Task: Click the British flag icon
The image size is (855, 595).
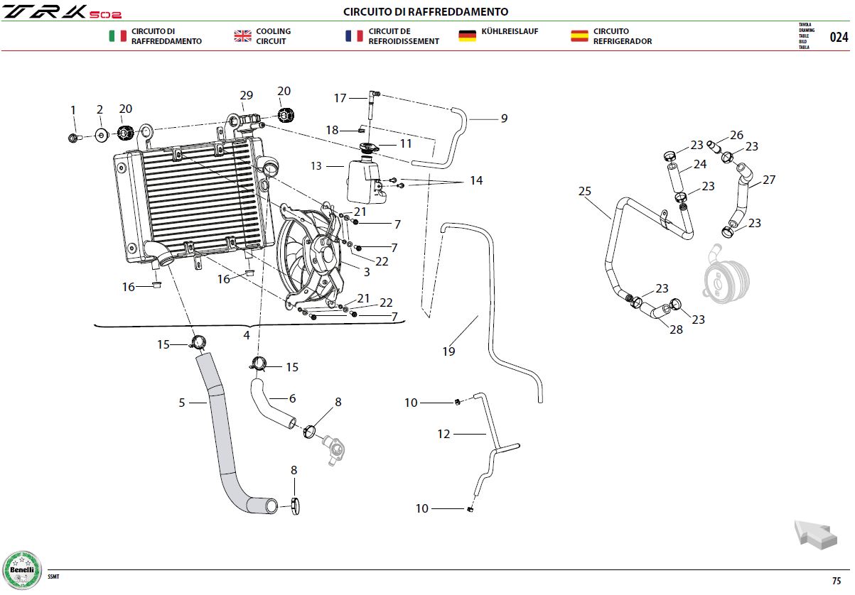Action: coord(243,36)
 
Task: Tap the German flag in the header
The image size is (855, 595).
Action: coord(467,36)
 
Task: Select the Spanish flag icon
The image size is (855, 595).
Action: coord(579,36)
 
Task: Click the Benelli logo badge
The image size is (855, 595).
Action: coord(22,570)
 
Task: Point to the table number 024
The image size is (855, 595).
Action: coord(839,37)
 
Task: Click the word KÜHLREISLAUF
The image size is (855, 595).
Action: coord(510,31)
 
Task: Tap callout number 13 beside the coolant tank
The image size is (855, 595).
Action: coord(316,166)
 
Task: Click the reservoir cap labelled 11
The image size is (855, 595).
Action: coord(369,148)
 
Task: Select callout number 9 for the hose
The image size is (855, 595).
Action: coord(504,119)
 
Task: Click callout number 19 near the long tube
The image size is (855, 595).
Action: coord(448,351)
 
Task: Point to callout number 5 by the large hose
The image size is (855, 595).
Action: coord(182,403)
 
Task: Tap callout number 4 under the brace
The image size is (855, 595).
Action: coord(247,335)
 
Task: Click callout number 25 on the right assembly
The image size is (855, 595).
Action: coord(585,191)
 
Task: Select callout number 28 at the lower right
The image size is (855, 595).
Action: coord(676,329)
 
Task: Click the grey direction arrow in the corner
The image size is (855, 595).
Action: coord(816,535)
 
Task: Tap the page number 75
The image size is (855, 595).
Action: coord(837,581)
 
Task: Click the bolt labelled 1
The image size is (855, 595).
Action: coord(74,137)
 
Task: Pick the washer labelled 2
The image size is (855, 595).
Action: coord(102,135)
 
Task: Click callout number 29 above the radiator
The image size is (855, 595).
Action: coord(246,95)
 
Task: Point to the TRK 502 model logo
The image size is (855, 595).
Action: coord(62,12)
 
